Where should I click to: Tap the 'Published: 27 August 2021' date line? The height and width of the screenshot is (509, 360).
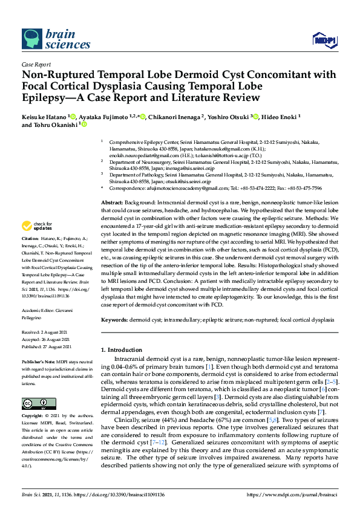coord(48,346)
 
